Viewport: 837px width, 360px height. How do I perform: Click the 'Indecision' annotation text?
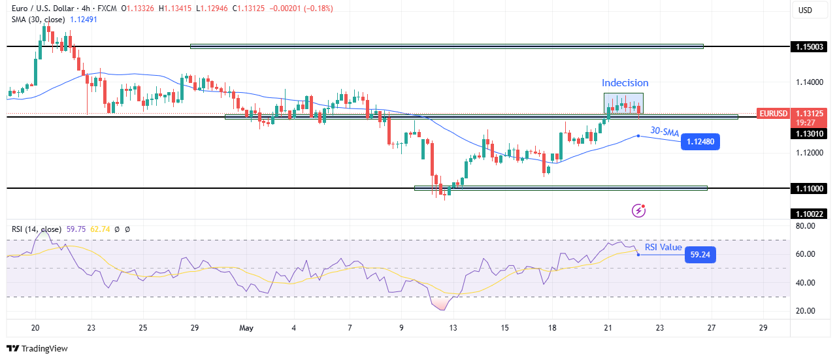click(x=625, y=83)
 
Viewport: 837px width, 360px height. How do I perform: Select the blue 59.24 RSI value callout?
click(x=700, y=254)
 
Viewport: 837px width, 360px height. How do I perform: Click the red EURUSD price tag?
click(x=773, y=113)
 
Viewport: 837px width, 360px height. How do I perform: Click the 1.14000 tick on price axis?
click(x=809, y=82)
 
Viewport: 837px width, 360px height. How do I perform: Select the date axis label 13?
click(x=453, y=327)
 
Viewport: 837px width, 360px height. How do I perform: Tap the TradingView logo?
click(x=37, y=349)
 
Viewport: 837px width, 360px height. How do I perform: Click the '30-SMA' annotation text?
click(x=664, y=131)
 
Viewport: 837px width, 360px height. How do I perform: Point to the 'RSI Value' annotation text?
click(x=663, y=247)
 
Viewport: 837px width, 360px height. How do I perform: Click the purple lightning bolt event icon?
click(x=639, y=210)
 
